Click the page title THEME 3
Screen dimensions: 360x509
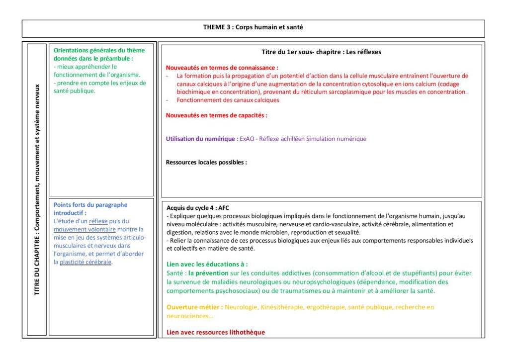pyautogui.click(x=253, y=27)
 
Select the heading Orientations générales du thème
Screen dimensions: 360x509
pyautogui.click(x=99, y=50)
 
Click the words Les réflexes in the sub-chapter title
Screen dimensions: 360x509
pyautogui.click(x=364, y=52)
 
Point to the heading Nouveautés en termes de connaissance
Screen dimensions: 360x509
pyautogui.click(x=222, y=67)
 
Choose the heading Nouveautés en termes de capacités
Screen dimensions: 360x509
pyautogui.click(x=216, y=115)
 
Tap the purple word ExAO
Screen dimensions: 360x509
pyautogui.click(x=247, y=139)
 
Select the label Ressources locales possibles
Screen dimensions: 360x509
pyautogui.click(x=206, y=162)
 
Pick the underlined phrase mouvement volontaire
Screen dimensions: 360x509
pyautogui.click(x=85, y=229)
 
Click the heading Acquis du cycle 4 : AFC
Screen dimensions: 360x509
pyautogui.click(x=198, y=208)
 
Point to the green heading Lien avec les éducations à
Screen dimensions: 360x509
pyautogui.click(x=207, y=265)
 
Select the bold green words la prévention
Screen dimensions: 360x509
pyautogui.click(x=208, y=273)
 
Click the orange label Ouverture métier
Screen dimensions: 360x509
pyautogui.click(x=194, y=307)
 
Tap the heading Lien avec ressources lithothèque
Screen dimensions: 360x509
pyautogui.click(x=216, y=332)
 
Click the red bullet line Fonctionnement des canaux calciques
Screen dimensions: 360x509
pyautogui.click(x=228, y=100)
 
